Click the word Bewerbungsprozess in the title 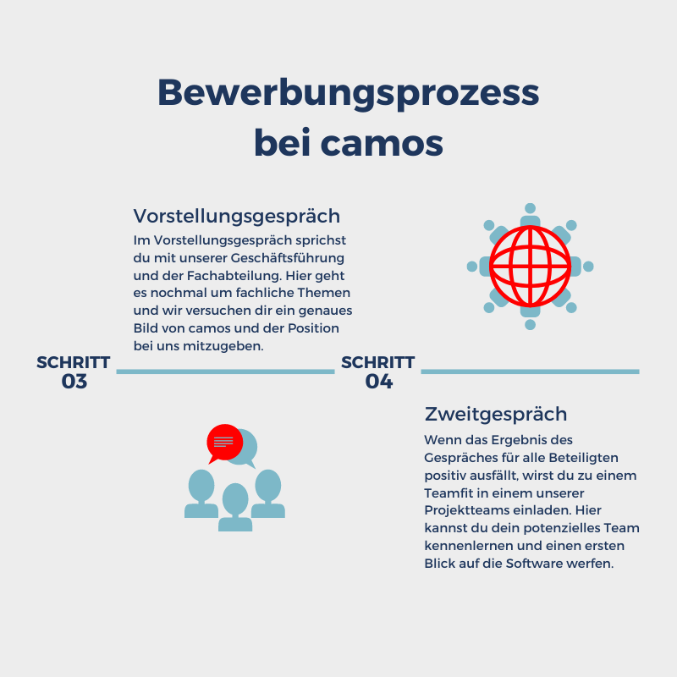[348, 94]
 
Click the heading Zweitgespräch [496, 415]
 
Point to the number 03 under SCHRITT [74, 382]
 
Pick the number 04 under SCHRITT [379, 382]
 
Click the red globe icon [531, 267]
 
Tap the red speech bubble [224, 443]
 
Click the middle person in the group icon [235, 507]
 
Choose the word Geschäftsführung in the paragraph [288, 258]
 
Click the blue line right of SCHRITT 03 [225, 372]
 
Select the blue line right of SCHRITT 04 [531, 372]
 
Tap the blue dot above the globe [531, 208]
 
